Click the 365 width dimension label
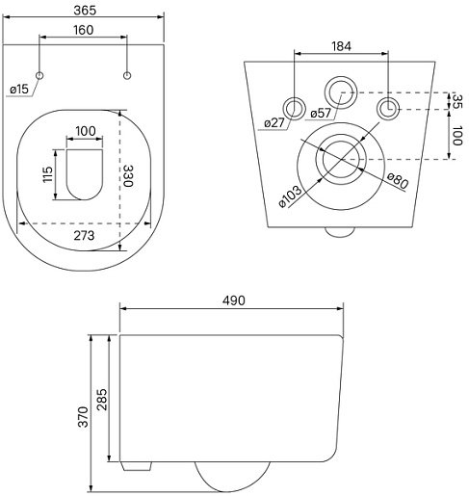[x=85, y=11]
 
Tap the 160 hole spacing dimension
[x=84, y=30]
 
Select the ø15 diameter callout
[x=19, y=89]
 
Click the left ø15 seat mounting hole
[x=39, y=75]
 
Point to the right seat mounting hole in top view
[x=127, y=75]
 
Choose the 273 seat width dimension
[x=84, y=236]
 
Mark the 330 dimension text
[x=128, y=175]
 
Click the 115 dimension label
[x=47, y=174]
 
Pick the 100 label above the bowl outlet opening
[x=86, y=131]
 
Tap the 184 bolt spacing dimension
[x=341, y=46]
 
